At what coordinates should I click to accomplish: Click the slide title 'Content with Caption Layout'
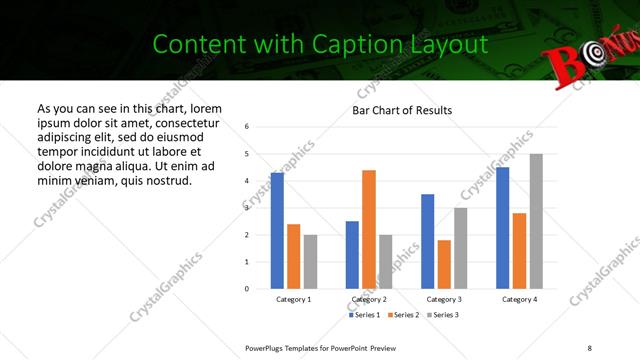tap(320, 44)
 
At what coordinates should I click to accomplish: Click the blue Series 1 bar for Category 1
tap(277, 230)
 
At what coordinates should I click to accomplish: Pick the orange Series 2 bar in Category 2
tap(369, 229)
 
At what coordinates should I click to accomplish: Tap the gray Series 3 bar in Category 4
tap(537, 221)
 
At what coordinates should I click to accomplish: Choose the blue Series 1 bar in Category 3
tap(428, 241)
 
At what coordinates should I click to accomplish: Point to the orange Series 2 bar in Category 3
tap(445, 264)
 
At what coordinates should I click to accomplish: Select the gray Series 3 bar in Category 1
tap(311, 261)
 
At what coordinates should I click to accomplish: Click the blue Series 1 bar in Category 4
tap(503, 228)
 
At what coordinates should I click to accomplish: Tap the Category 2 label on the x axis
tap(369, 299)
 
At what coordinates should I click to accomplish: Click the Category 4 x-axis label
tap(520, 299)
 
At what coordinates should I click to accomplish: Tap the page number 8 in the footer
tap(589, 347)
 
